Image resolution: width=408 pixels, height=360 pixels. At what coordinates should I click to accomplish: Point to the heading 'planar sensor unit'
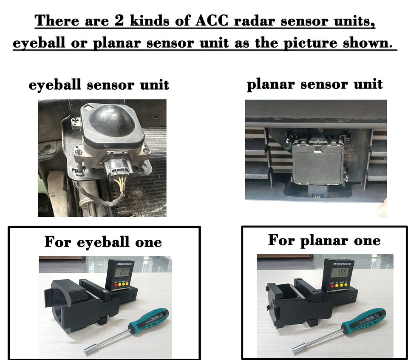[x=314, y=83]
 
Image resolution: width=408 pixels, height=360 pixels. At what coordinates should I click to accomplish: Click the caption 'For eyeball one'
[x=103, y=242]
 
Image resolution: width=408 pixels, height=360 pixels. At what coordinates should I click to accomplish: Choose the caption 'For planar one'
[x=324, y=240]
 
